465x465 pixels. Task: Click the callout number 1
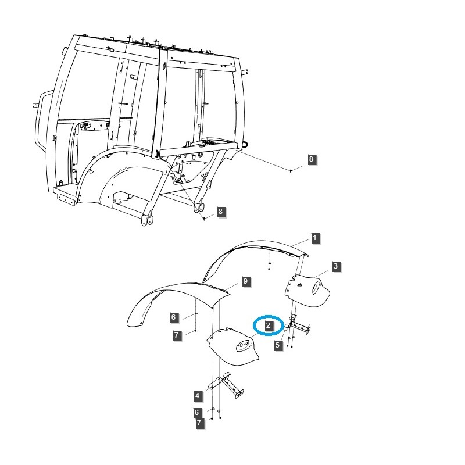(314, 238)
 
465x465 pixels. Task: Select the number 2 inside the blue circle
(268, 325)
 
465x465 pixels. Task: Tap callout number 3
(336, 267)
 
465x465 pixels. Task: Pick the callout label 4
(198, 396)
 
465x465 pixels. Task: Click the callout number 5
(278, 345)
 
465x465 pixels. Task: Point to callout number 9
(245, 281)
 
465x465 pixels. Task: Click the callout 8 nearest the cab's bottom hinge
(220, 212)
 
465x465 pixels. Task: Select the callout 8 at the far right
(312, 159)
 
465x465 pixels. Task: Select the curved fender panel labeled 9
(174, 296)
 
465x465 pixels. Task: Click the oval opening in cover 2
(243, 347)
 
